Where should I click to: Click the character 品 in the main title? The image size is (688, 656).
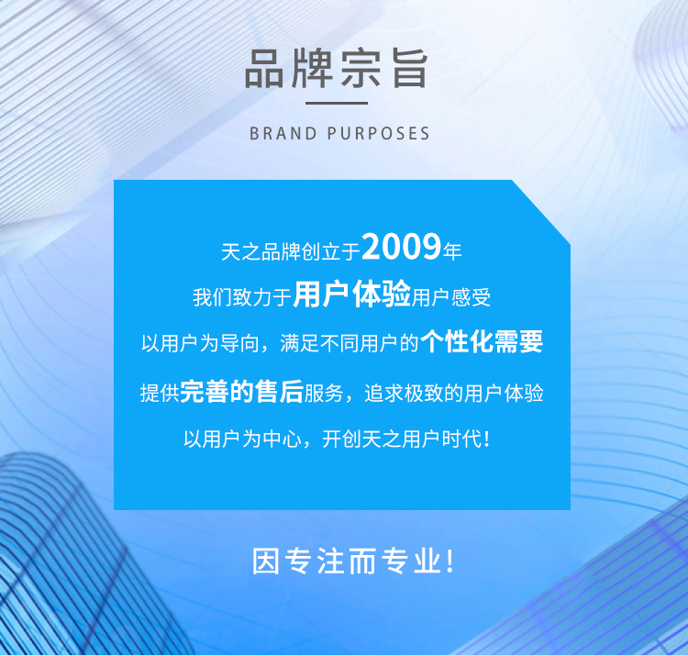[x=263, y=69]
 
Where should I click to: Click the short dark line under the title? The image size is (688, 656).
[x=337, y=103]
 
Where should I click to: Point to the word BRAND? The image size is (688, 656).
[x=283, y=133]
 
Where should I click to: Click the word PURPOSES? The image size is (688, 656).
[x=378, y=133]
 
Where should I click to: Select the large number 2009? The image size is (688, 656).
[x=402, y=246]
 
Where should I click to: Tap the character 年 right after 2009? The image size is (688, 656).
[x=452, y=251]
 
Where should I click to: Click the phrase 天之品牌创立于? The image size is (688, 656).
[x=291, y=251]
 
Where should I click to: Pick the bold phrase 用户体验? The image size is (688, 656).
[x=352, y=294]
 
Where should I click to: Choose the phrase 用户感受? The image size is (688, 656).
[x=451, y=297]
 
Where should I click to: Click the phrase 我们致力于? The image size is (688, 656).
[x=242, y=297]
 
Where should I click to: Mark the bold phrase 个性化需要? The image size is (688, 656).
[x=482, y=341]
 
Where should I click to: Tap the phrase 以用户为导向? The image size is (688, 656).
[x=200, y=343]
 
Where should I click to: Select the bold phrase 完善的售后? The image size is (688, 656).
[x=242, y=391]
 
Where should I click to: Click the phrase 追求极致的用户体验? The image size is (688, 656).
[x=454, y=394]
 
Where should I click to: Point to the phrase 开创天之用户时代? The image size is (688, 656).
[x=402, y=439]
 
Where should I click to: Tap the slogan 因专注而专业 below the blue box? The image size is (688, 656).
[x=347, y=561]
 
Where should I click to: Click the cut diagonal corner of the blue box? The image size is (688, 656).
[x=541, y=212]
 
